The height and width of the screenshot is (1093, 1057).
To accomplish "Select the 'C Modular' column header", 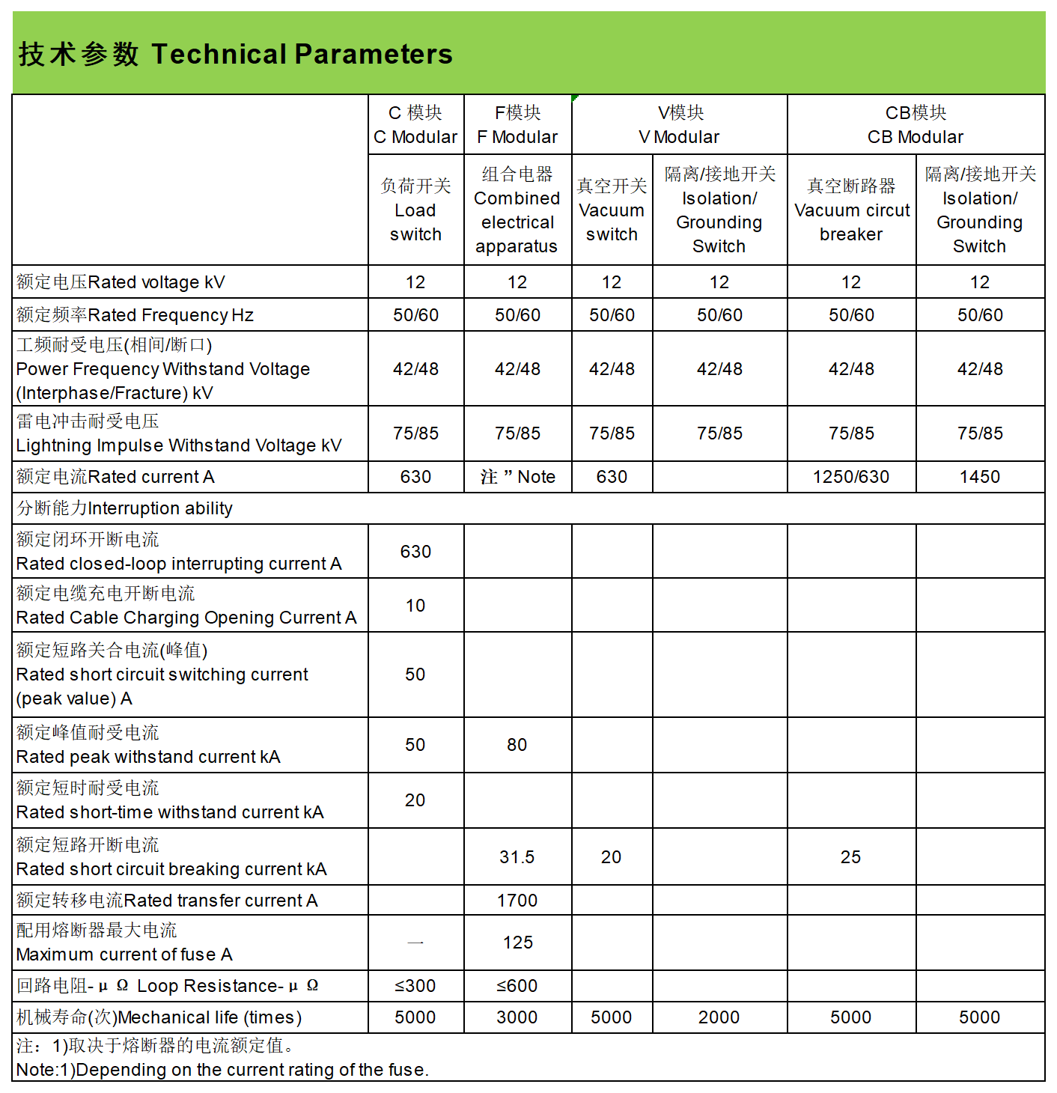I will pos(415,125).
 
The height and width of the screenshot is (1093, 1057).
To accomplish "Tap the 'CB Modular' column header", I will pos(916,125).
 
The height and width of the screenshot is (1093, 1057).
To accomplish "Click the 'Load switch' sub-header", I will pos(415,210).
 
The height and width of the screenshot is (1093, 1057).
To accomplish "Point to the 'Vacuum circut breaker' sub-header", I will pos(851,210).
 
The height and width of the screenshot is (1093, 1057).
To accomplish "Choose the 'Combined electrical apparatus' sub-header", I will pos(517,210).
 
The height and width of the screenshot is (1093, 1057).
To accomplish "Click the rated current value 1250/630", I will pos(851,477).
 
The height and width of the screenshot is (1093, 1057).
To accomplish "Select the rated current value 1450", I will pos(980,477).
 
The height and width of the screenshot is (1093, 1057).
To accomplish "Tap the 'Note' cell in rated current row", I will pos(518,477).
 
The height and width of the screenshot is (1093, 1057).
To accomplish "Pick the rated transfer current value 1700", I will pos(517,901).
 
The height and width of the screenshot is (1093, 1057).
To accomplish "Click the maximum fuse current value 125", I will pos(517,943).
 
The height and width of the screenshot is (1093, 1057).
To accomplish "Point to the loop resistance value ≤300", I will pos(415,986).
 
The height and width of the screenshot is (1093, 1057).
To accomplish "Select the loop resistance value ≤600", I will pos(517,986).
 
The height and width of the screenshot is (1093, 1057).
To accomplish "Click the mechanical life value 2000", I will pos(719,1017).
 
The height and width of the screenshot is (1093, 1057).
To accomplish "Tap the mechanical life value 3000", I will pos(517,1017).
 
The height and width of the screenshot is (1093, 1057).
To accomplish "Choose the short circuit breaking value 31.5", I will pos(517,857).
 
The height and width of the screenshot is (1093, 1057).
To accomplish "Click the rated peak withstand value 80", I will pos(517,745).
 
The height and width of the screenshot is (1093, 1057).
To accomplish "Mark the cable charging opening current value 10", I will pos(415,606).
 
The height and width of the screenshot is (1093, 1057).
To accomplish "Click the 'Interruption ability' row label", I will pos(125,508).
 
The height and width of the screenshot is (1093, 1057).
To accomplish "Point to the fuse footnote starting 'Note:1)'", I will pos(222,1070).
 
